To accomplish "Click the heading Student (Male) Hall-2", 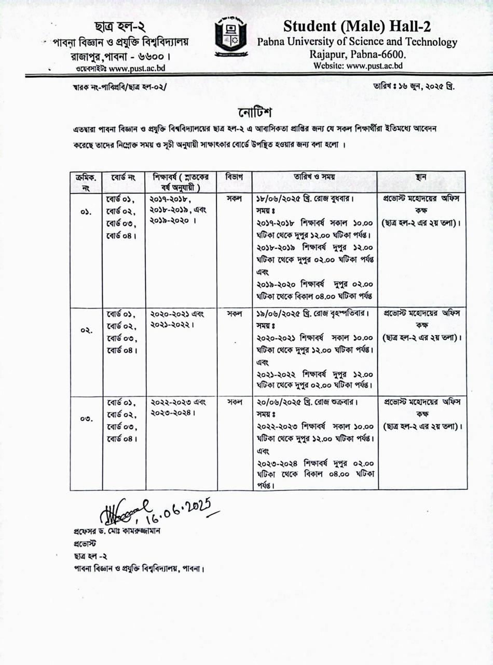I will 357,26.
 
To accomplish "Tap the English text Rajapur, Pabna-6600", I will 358,54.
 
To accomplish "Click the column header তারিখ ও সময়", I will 315,177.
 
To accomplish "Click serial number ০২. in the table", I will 86,330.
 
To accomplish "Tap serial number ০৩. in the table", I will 86,419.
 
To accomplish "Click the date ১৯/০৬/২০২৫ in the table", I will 279,314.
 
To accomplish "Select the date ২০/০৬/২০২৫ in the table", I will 279,403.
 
